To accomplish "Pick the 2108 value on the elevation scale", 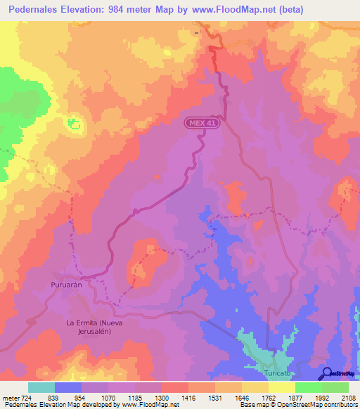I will pyautogui.click(x=349, y=398).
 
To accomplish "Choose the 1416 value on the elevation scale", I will pyautogui.click(x=188, y=398).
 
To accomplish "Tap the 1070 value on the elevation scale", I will pyautogui.click(x=107, y=398).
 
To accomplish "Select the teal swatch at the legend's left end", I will pyautogui.click(x=41, y=387).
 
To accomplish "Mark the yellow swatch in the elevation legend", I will pyautogui.click(x=281, y=387).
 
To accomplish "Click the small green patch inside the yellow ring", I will pyautogui.click(x=72, y=124).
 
